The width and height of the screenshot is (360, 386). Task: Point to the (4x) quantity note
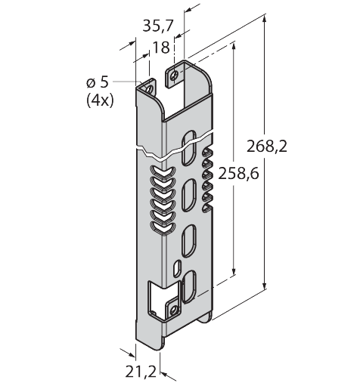click(x=100, y=100)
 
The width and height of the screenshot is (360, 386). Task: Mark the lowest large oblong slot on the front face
click(x=190, y=286)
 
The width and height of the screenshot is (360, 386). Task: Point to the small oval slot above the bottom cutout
click(x=176, y=268)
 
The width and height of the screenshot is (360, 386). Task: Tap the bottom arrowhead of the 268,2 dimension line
click(x=265, y=288)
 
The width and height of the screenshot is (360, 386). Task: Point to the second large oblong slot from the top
click(x=187, y=199)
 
